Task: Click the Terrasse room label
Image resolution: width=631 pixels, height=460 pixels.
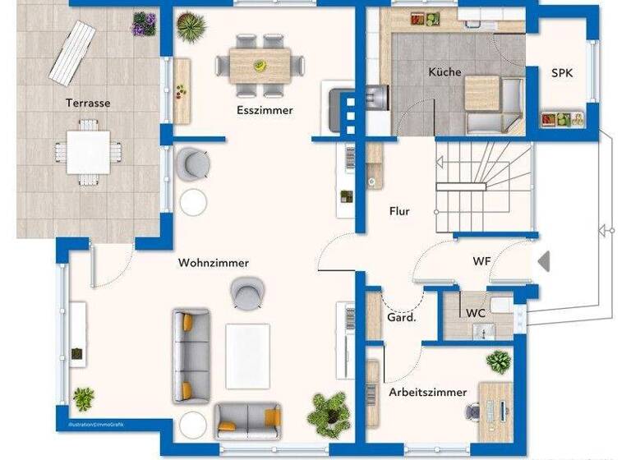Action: click(x=88, y=103)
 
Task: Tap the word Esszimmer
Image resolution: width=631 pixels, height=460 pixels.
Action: click(x=265, y=110)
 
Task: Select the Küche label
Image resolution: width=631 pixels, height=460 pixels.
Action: click(x=444, y=72)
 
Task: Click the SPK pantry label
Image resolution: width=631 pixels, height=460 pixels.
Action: click(x=562, y=73)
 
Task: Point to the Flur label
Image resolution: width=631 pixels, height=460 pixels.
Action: click(x=399, y=211)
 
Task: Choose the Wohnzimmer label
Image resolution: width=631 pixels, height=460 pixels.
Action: click(x=214, y=263)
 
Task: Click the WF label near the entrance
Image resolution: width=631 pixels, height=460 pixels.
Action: click(x=481, y=261)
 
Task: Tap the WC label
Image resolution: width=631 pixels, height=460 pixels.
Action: click(x=476, y=314)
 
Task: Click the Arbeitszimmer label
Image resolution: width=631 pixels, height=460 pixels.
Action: click(x=427, y=392)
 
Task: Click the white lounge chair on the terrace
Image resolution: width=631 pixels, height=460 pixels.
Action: click(x=71, y=53)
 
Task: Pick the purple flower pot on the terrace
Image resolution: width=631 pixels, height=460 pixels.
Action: click(x=144, y=24)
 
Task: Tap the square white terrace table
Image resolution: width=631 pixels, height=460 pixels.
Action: click(x=89, y=152)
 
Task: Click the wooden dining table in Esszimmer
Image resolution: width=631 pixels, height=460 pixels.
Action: click(x=260, y=61)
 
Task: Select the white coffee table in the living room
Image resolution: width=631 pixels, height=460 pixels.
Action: click(x=247, y=355)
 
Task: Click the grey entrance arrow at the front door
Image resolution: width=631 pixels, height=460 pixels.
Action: click(x=543, y=261)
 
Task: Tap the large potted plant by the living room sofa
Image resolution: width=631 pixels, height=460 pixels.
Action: click(x=329, y=412)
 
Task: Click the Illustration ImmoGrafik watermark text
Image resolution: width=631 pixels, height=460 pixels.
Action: click(x=90, y=425)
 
